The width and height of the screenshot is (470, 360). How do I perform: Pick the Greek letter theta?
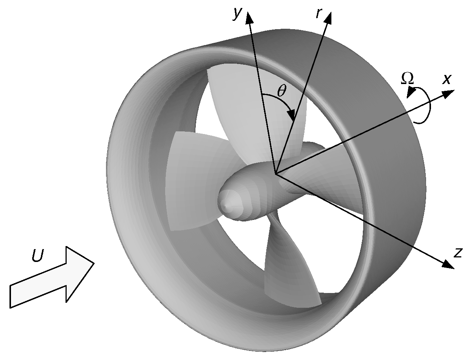tap(282, 90)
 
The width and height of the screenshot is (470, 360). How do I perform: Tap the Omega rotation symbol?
tap(407, 78)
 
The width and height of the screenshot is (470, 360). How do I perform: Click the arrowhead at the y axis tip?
tap(249, 17)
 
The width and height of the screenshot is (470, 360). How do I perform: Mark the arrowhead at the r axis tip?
tap(328, 17)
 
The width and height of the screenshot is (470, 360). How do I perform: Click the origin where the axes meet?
tap(276, 174)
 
